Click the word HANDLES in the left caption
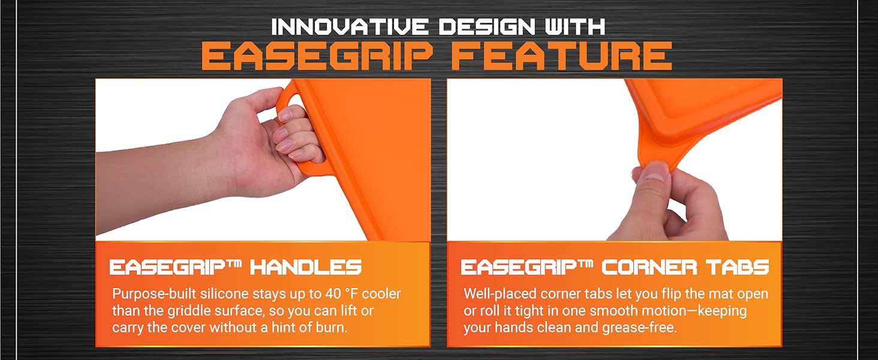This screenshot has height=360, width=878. (x=306, y=267)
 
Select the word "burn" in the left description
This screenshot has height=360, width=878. (x=332, y=328)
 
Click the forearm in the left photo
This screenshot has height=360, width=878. (x=150, y=180)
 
